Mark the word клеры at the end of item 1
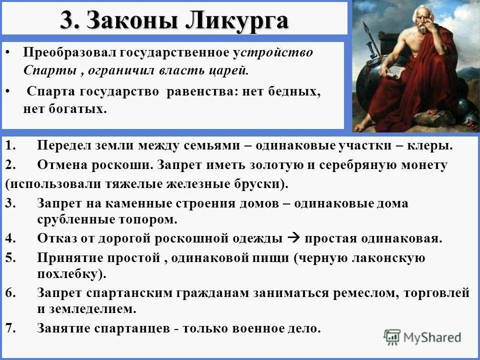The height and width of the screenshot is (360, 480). pos(434,145)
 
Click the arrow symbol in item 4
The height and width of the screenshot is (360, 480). pos(294,237)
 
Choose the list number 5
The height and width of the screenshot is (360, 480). pos(11,257)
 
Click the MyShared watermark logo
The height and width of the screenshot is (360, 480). pos(422,337)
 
